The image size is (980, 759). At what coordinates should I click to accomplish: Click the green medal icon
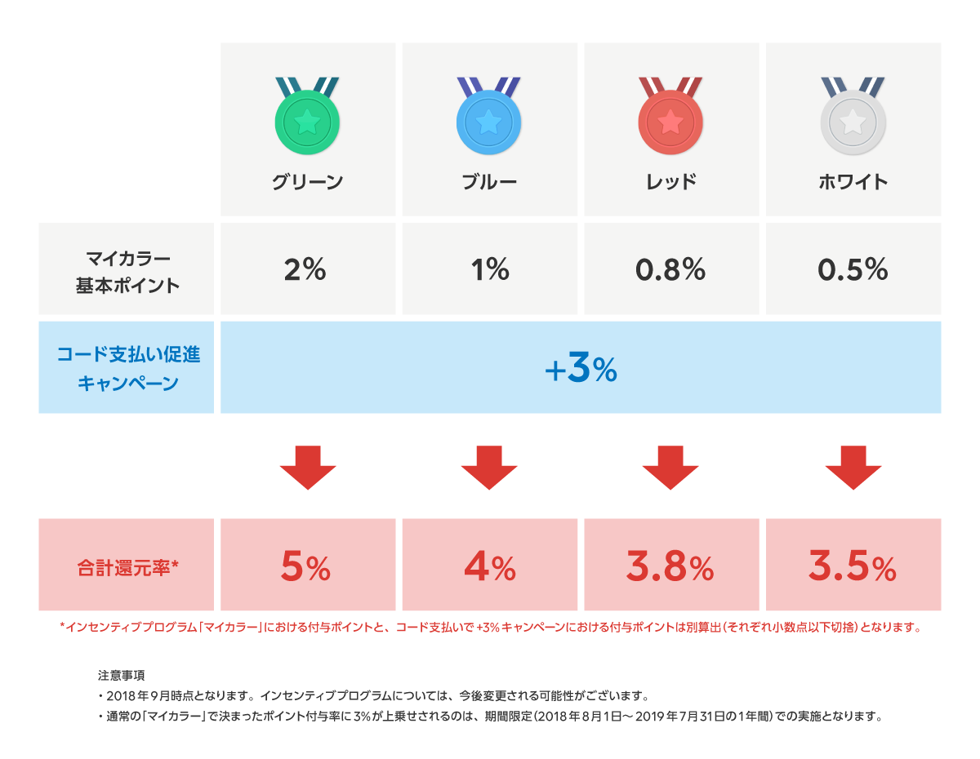(x=307, y=122)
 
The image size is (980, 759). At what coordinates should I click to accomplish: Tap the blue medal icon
(x=488, y=122)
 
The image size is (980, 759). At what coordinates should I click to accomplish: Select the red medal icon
(x=670, y=122)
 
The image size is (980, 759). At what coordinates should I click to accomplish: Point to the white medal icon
(x=853, y=122)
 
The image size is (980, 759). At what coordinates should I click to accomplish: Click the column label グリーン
(x=307, y=182)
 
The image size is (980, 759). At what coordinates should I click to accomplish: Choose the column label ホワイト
(x=853, y=182)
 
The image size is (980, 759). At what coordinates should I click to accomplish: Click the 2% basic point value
(x=305, y=269)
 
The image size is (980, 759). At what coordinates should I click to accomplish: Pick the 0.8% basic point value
(x=670, y=269)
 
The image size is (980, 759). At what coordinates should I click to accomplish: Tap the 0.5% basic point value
(x=853, y=269)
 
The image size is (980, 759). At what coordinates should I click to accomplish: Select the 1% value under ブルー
(x=490, y=269)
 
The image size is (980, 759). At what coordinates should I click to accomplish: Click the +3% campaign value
(x=581, y=370)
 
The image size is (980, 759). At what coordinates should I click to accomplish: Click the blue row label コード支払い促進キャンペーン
(x=127, y=368)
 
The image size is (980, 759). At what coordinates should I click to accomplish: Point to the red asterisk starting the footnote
(x=62, y=626)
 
